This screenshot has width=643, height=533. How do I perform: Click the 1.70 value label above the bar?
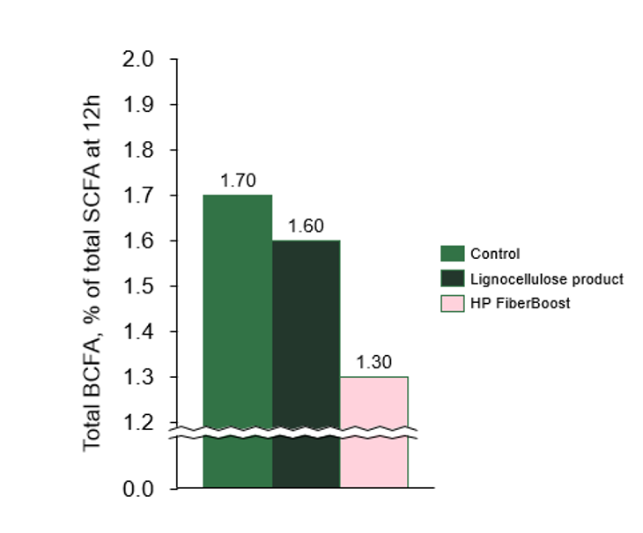pos(238,181)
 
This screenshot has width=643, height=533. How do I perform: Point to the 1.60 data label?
pos(307,226)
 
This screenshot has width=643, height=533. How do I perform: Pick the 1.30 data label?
pos(374,363)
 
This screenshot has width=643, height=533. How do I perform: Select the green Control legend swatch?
pos(452,254)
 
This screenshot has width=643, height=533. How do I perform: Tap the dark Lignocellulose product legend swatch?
pos(452,278)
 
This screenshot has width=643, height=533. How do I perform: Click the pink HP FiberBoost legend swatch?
pos(452,303)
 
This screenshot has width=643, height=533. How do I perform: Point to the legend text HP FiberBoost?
pos(510,303)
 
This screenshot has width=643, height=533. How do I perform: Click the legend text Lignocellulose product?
pos(546,278)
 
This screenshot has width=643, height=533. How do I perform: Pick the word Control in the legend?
pos(494,254)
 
